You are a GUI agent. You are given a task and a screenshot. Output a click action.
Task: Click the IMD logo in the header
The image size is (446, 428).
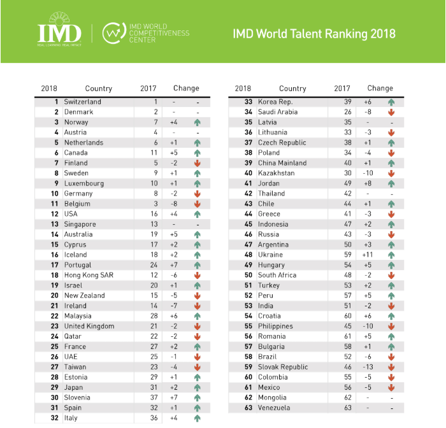click(x=59, y=32)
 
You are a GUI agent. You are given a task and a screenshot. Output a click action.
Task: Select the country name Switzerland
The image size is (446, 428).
click(x=82, y=102)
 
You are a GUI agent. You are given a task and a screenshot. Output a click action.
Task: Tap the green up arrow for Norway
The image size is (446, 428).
click(x=198, y=122)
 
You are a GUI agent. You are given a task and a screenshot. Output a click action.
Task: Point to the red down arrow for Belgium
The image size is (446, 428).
click(x=198, y=204)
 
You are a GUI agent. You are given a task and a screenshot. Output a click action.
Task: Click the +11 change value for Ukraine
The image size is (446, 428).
click(x=368, y=255)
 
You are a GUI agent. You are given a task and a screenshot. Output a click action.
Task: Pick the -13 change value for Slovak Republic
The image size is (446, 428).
click(x=368, y=367)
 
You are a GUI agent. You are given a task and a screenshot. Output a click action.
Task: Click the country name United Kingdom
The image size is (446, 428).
click(x=89, y=326)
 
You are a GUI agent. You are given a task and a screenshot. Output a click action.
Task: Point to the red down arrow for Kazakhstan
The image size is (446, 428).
click(x=391, y=173)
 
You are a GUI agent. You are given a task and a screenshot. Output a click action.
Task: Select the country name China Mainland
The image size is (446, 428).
click(x=282, y=163)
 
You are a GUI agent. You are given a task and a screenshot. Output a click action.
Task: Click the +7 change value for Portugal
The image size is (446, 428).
click(x=174, y=265)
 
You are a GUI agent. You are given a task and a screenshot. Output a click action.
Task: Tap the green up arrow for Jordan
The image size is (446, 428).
click(x=391, y=183)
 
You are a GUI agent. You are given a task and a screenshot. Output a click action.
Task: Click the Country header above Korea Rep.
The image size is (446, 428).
click(x=292, y=89)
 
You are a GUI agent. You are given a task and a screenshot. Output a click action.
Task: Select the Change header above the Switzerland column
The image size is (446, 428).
click(x=185, y=89)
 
